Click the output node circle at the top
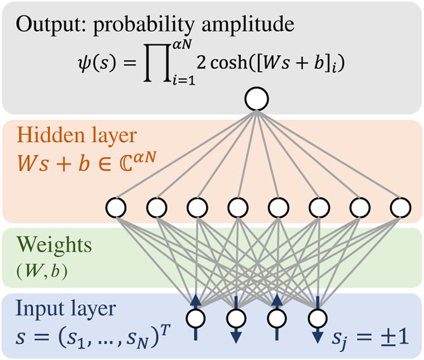(256, 98)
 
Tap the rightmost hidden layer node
(399, 208)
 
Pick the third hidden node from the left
(196, 208)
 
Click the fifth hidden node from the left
(277, 208)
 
